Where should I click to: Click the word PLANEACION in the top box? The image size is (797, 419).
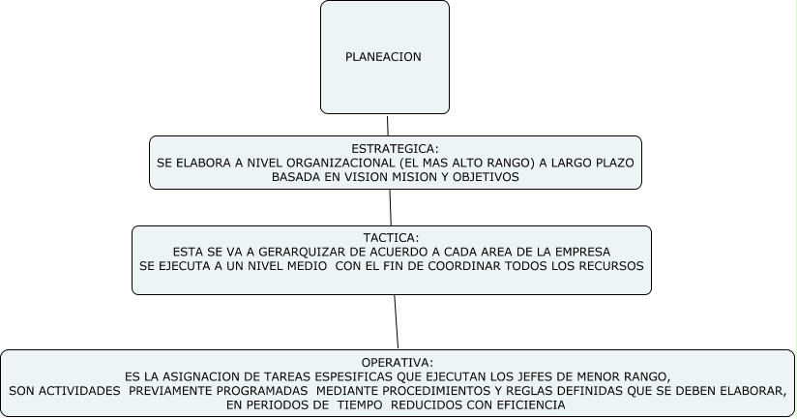[x=384, y=57]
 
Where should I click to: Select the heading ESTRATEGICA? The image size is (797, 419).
[x=395, y=149]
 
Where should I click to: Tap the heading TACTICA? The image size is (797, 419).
[x=391, y=237]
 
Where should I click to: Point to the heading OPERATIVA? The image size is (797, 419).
[x=398, y=362]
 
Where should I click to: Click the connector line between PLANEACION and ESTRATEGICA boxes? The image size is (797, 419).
[x=388, y=125]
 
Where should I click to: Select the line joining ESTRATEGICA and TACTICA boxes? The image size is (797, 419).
[x=390, y=207]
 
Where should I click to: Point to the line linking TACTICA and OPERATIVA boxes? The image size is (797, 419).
[x=396, y=321]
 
